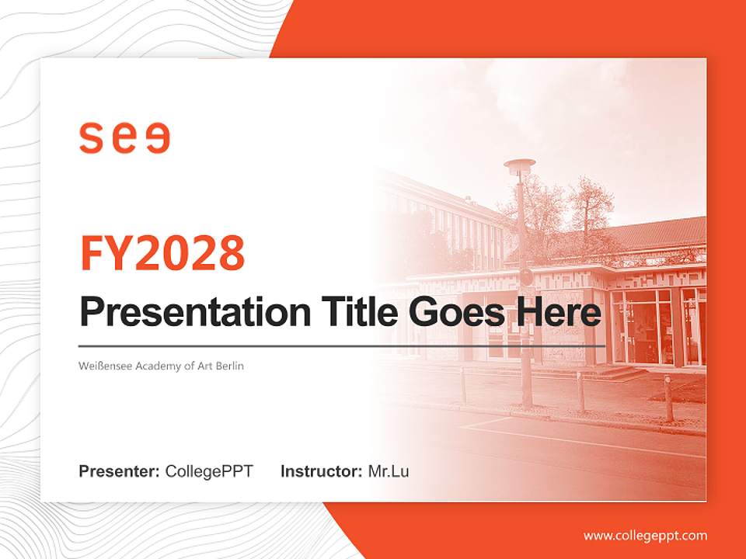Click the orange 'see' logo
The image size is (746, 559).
click(124, 137)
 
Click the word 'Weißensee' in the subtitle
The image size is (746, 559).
click(105, 366)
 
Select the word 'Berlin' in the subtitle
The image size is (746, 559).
click(228, 366)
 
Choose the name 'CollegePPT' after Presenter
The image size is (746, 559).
click(209, 471)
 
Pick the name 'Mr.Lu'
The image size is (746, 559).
click(388, 471)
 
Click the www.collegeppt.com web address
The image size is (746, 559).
click(645, 535)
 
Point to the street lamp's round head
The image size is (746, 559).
click(519, 165)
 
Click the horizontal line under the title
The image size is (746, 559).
click(342, 346)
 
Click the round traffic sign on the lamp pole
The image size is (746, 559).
click(526, 277)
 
